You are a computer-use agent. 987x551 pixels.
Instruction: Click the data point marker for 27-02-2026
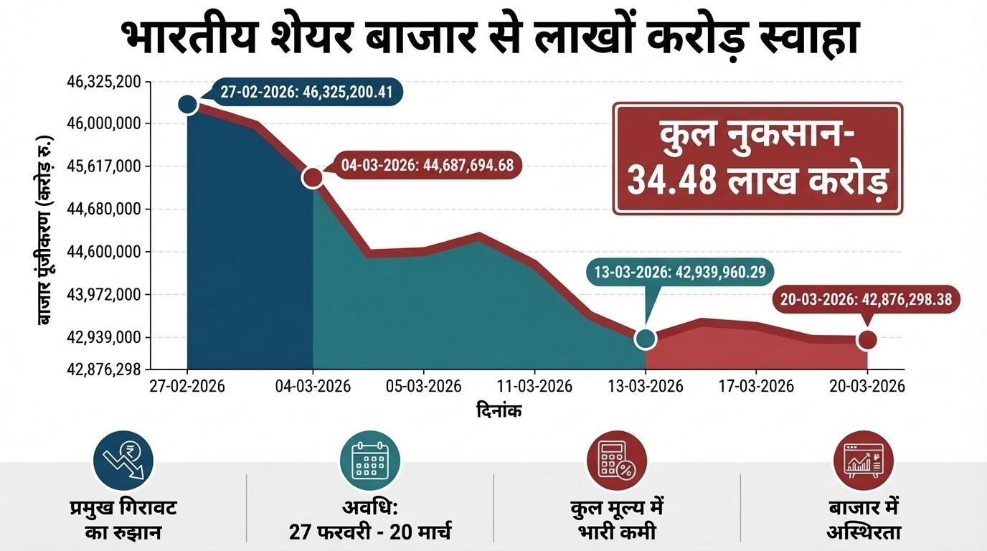coord(187,104)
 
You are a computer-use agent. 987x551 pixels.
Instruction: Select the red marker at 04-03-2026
coord(313,177)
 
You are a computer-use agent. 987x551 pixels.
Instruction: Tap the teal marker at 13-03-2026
coord(646,339)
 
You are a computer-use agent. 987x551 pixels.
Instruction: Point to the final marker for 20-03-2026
coord(867,339)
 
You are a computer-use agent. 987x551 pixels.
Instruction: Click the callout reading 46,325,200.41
coord(308,93)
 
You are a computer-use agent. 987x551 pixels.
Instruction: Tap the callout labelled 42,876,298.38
coord(867,299)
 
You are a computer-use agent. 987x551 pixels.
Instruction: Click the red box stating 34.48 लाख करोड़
coord(757,159)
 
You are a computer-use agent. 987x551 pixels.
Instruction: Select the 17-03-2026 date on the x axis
coord(757,386)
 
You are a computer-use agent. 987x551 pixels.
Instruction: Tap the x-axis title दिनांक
coord(499,411)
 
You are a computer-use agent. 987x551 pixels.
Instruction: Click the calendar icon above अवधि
coord(369,460)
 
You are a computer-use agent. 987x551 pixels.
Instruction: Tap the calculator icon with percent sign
coord(616,460)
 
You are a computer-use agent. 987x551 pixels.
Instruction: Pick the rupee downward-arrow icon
coord(123,460)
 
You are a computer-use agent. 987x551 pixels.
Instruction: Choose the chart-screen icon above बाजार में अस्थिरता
coord(863,460)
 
